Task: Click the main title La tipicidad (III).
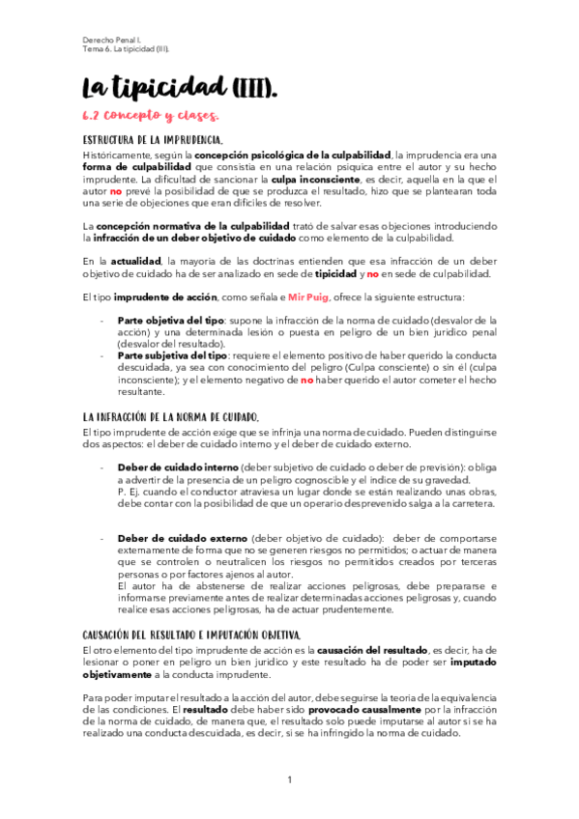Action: click(181, 90)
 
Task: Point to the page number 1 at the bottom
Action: click(289, 779)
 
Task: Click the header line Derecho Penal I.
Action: click(109, 40)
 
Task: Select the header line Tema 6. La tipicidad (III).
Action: click(128, 50)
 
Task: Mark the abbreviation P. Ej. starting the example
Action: click(128, 493)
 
